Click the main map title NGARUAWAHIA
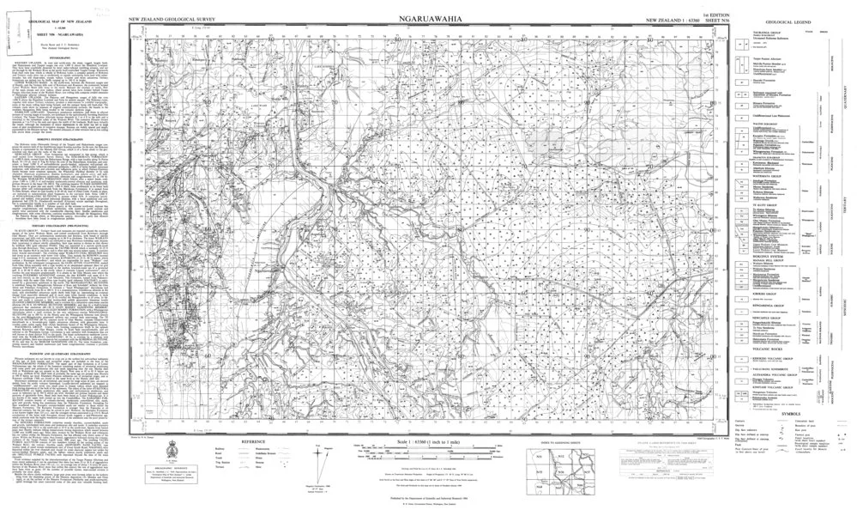430,18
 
